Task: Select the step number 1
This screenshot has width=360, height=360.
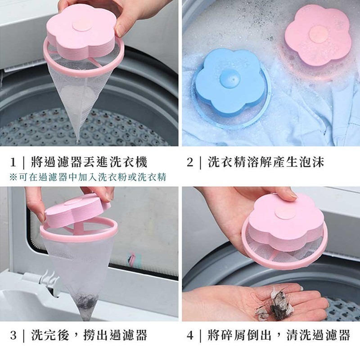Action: pos(13,162)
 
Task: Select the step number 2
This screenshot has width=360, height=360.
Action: pos(190,162)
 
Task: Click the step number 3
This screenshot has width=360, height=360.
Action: pos(13,335)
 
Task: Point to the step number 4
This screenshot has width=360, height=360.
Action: pos(190,335)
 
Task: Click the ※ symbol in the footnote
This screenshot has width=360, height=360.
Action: pos(13,177)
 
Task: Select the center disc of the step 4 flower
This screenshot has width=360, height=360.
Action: pos(285,215)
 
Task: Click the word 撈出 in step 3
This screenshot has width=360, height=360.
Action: pos(96,335)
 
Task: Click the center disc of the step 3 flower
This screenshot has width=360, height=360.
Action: pos(74,202)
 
